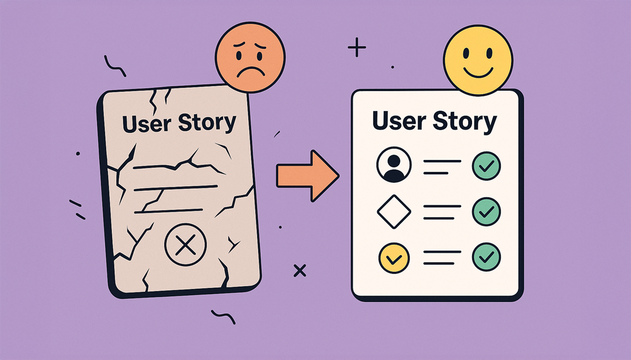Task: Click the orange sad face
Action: click(x=250, y=57)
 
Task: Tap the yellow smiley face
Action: click(x=478, y=60)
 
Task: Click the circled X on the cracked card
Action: click(x=185, y=245)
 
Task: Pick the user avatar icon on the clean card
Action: click(x=394, y=165)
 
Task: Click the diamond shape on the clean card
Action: click(x=394, y=212)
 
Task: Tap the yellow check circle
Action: click(x=394, y=258)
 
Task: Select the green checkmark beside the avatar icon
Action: click(x=486, y=166)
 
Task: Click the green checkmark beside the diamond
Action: click(x=486, y=212)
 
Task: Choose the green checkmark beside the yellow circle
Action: click(x=486, y=257)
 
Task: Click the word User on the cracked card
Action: click(x=147, y=124)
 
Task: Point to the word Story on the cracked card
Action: click(x=207, y=122)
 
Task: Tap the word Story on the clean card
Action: click(x=465, y=122)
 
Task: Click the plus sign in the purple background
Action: click(x=357, y=47)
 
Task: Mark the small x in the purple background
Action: click(x=300, y=271)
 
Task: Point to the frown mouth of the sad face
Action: click(x=251, y=72)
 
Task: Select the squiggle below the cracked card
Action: click(x=223, y=316)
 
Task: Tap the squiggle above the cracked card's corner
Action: click(x=114, y=67)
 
